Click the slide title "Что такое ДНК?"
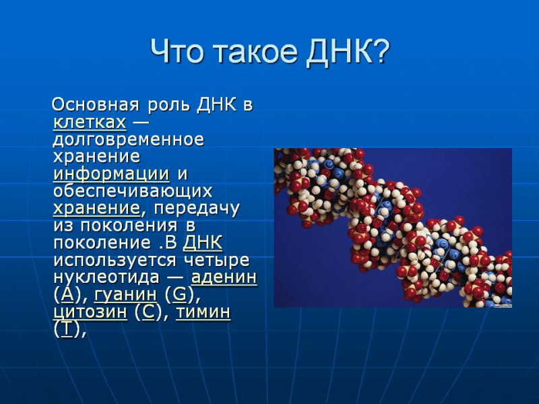(x=269, y=51)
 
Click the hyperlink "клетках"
(x=90, y=123)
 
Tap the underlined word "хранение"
(x=96, y=208)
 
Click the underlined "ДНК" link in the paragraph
(x=203, y=242)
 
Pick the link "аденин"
(x=224, y=277)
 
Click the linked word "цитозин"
(x=90, y=312)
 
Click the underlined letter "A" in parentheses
(x=67, y=294)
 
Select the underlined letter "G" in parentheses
(x=179, y=294)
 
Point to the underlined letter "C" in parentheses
(x=148, y=312)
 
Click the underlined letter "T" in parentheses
(x=66, y=329)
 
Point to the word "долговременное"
(x=128, y=140)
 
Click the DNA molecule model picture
(x=393, y=228)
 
